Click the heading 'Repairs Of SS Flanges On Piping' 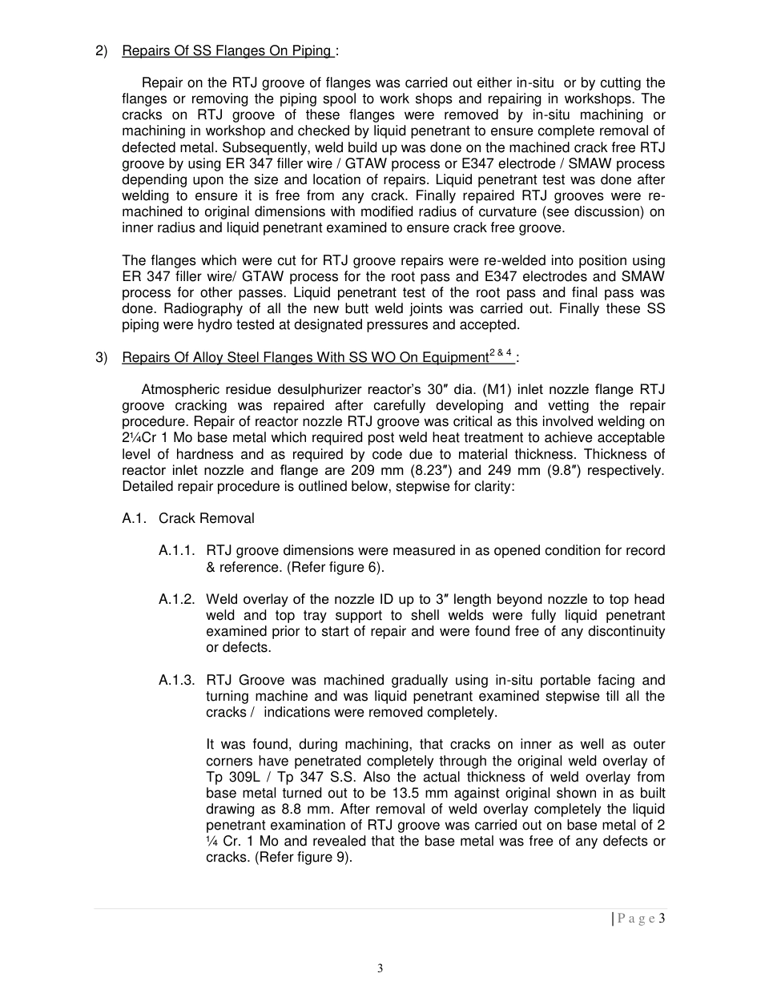[x=227, y=51]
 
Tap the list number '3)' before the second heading [x=101, y=358]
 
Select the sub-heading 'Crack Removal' [x=206, y=518]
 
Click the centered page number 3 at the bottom [x=380, y=968]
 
